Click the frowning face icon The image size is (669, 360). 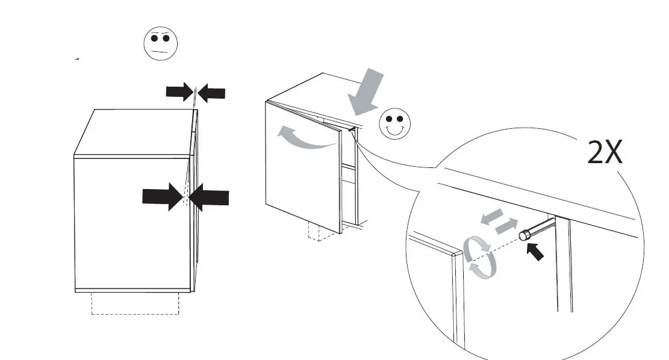[x=160, y=44]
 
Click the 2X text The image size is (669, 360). [x=605, y=154]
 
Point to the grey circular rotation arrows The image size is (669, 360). [x=480, y=258]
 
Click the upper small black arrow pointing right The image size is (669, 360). [x=179, y=92]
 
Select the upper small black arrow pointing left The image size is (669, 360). [x=211, y=93]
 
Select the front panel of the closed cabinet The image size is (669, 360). [x=129, y=224]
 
